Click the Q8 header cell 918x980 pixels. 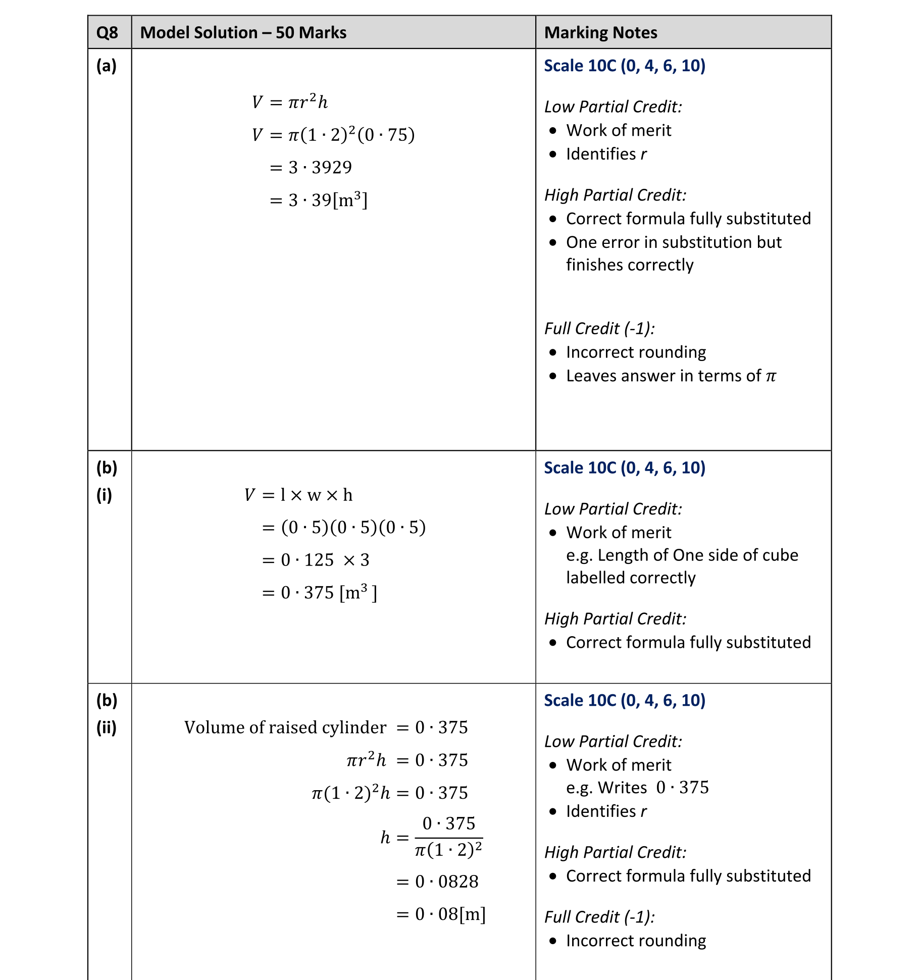coord(107,33)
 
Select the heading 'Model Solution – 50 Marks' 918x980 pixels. coord(243,33)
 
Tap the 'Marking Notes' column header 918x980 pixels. coord(600,33)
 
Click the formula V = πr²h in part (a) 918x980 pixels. coord(290,102)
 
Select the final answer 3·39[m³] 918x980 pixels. coord(319,200)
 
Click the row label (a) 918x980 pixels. coord(107,66)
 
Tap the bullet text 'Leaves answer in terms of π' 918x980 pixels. coord(671,376)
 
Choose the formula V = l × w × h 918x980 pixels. coord(298,495)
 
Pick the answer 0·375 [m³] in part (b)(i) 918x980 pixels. coord(320,592)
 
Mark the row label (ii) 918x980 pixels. coord(107,728)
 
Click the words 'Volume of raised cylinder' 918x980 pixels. coord(285,728)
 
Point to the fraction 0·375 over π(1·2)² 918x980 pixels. coord(448,837)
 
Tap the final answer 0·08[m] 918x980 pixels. coord(441,914)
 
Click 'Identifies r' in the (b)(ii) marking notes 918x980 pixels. coord(606,811)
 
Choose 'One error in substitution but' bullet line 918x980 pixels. coord(674,242)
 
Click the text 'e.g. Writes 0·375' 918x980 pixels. coord(637,788)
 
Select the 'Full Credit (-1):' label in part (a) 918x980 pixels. coord(599,329)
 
